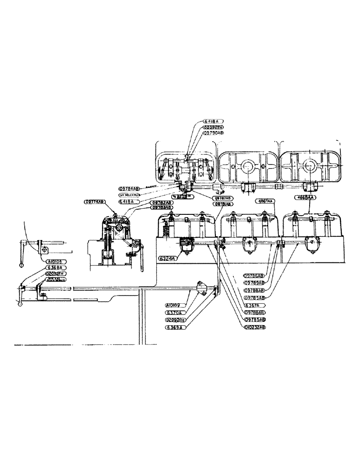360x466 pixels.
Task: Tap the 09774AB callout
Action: point(95,202)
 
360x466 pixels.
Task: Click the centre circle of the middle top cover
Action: point(246,166)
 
